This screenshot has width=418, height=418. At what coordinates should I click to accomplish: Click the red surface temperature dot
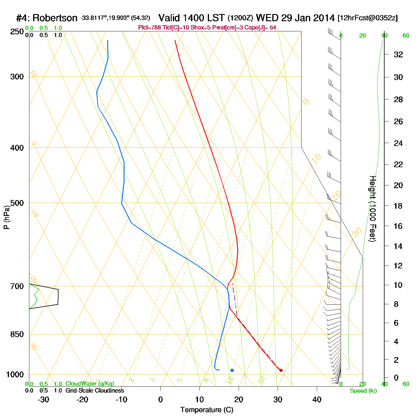(x=281, y=370)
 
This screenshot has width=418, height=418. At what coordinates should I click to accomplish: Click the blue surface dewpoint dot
(x=232, y=370)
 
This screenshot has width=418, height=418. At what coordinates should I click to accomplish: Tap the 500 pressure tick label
(x=17, y=203)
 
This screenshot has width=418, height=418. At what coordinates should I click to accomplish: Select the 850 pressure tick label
(x=17, y=334)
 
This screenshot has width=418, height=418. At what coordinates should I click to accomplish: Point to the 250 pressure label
(x=17, y=32)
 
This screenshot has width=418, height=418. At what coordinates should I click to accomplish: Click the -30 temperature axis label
(x=43, y=400)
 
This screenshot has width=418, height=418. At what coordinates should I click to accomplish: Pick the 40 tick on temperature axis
(x=317, y=400)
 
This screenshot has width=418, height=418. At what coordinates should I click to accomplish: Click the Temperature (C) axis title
(x=207, y=410)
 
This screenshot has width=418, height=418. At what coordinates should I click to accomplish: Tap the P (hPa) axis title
(x=7, y=217)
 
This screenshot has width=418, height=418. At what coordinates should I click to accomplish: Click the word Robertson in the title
(x=55, y=18)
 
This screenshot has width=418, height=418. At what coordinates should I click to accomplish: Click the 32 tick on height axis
(x=398, y=55)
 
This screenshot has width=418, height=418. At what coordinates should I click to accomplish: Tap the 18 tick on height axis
(x=398, y=206)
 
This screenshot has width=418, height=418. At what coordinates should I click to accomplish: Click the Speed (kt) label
(x=363, y=391)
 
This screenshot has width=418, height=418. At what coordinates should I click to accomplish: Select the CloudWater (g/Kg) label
(x=90, y=384)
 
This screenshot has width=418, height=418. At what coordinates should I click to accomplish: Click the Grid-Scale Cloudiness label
(x=95, y=391)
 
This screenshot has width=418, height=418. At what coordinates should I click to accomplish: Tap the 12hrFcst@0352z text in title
(x=368, y=18)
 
